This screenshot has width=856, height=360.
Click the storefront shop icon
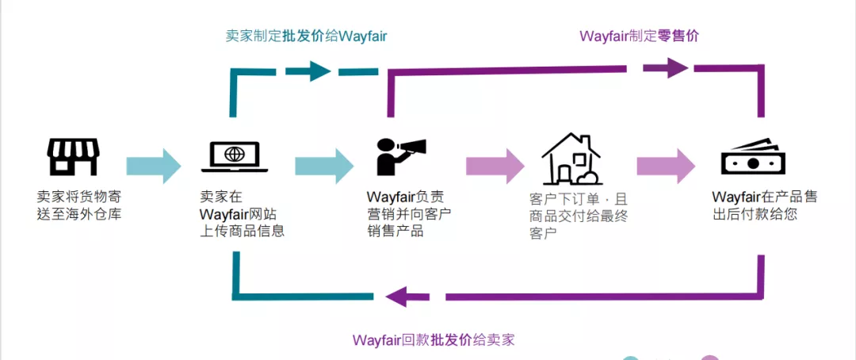[x=74, y=157]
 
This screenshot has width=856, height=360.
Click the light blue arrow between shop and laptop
[x=155, y=166]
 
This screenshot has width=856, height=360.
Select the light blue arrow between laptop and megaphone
[x=324, y=166]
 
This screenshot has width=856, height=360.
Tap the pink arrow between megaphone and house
[x=495, y=166]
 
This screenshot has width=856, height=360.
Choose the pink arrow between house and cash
[x=666, y=166]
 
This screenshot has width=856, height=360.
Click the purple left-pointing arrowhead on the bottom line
[x=396, y=297]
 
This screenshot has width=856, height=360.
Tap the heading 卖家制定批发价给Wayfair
[x=306, y=36]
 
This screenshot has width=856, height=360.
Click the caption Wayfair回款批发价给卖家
[x=434, y=339]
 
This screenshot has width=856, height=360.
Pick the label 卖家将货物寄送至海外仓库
[x=79, y=205]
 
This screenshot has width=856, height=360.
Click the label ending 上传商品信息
[x=241, y=214]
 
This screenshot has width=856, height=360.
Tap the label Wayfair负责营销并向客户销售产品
[x=408, y=213]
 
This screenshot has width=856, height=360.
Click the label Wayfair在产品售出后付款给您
[x=764, y=205]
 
